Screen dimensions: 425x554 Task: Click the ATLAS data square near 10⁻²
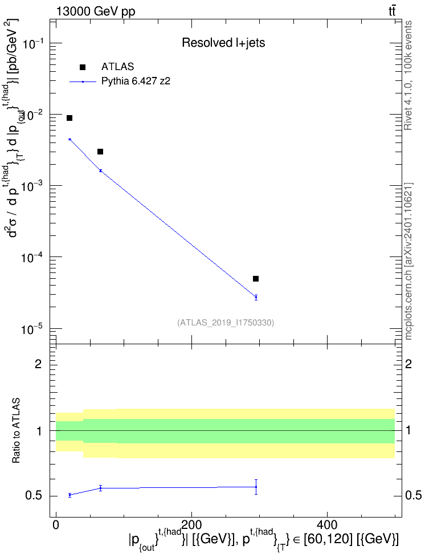[x=70, y=118]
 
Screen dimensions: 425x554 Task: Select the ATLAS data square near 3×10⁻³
[x=100, y=152]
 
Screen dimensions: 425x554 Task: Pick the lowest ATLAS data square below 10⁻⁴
[x=256, y=279]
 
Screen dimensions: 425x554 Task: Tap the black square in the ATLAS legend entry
[x=83, y=67]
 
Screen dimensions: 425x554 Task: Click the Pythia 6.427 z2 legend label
[x=136, y=82]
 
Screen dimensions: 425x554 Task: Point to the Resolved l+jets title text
[x=223, y=43]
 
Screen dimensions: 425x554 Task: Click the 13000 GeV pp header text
[x=95, y=11]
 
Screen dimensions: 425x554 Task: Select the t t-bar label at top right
[x=392, y=11]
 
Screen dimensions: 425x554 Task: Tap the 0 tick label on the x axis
[x=56, y=525]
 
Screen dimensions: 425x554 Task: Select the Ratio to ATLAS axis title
[x=16, y=431]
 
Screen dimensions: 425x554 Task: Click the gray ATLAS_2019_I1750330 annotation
[x=226, y=322]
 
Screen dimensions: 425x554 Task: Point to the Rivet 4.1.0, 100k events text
[x=408, y=75]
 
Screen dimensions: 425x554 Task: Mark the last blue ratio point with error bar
[x=256, y=487]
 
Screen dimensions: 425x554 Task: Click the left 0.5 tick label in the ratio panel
[x=34, y=496]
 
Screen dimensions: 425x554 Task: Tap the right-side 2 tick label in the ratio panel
[x=408, y=364]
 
